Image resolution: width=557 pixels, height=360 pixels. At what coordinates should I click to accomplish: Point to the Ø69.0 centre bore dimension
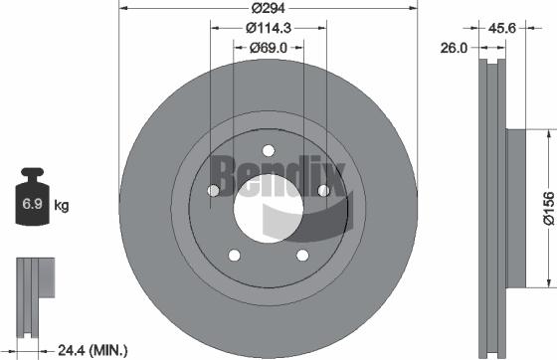(267, 47)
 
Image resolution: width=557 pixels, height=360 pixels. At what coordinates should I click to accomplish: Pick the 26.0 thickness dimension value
(455, 47)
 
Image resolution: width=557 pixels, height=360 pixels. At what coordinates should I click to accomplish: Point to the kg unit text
(62, 206)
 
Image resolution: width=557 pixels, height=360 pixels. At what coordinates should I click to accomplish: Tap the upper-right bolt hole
(322, 192)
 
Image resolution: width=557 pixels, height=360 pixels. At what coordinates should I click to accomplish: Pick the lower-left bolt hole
(233, 257)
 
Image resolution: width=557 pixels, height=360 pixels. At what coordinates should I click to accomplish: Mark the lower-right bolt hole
(301, 257)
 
